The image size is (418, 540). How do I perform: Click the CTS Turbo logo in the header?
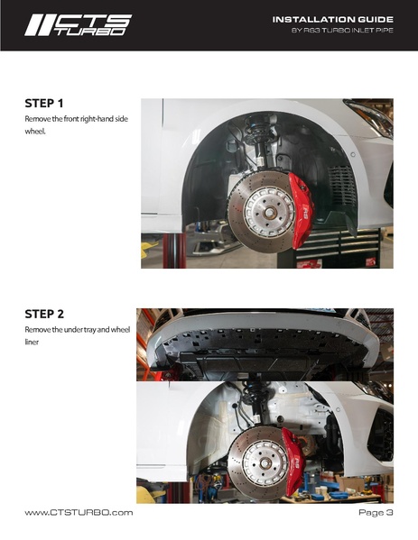(x=78, y=25)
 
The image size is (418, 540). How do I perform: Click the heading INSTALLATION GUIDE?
(x=333, y=20)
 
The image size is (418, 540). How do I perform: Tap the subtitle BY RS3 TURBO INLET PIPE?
(x=342, y=31)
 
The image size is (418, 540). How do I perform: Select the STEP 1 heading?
(x=44, y=104)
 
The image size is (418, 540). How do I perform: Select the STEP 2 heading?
(x=44, y=314)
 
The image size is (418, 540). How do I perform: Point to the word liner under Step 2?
(x=32, y=342)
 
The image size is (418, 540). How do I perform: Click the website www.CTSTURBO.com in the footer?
(x=79, y=513)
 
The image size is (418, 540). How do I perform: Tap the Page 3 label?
(x=376, y=512)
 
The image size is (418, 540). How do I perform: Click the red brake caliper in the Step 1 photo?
(x=301, y=209)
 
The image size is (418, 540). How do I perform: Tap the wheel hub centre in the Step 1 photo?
(x=269, y=213)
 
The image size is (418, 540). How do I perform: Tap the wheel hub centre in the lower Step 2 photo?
(x=265, y=463)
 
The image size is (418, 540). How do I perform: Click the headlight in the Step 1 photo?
(x=370, y=115)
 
